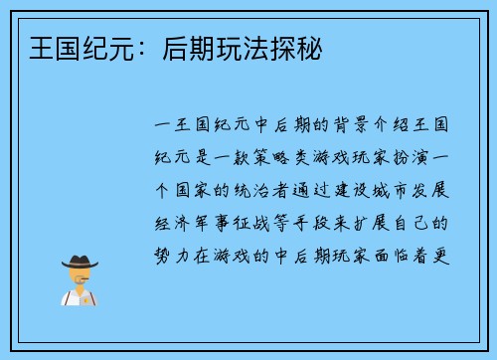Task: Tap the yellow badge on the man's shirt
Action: point(90,296)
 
